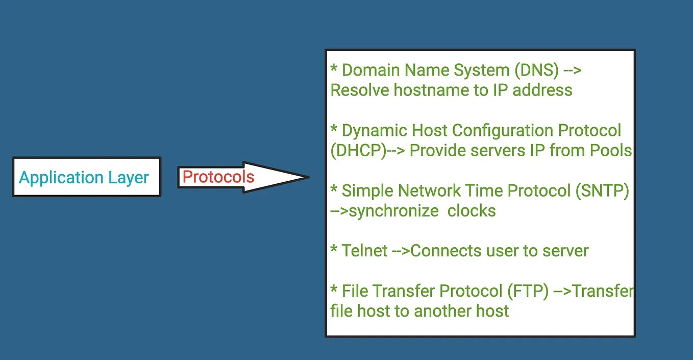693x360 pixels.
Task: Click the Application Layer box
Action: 86,177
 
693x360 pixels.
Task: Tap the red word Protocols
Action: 218,177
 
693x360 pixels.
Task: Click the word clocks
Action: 472,210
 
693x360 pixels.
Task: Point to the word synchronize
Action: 393,210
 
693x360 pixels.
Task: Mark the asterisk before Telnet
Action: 334,250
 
